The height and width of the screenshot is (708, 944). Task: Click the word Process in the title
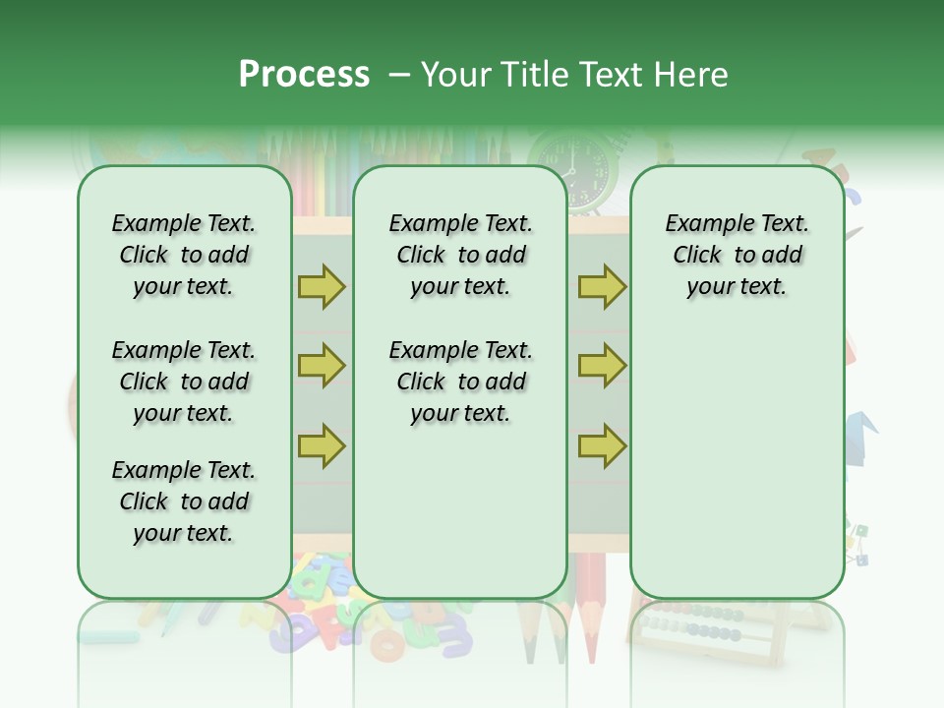pyautogui.click(x=304, y=75)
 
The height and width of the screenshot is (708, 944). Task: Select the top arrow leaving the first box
pyautogui.click(x=322, y=286)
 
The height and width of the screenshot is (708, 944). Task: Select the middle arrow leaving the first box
pyautogui.click(x=322, y=366)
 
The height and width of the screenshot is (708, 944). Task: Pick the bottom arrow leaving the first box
pyautogui.click(x=322, y=446)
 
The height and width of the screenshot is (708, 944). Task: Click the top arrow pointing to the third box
pyautogui.click(x=602, y=286)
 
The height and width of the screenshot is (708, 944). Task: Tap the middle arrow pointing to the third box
pyautogui.click(x=602, y=366)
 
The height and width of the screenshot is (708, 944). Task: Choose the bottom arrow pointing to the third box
pyautogui.click(x=602, y=446)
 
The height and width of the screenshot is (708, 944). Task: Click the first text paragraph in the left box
pyautogui.click(x=184, y=255)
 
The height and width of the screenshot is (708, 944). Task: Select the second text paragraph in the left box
pyautogui.click(x=184, y=382)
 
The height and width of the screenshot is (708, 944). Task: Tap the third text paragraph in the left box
pyautogui.click(x=184, y=501)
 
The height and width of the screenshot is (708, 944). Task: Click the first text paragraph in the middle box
pyautogui.click(x=460, y=255)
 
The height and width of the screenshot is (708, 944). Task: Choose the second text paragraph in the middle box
pyautogui.click(x=460, y=382)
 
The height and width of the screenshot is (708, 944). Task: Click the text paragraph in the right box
pyautogui.click(x=737, y=255)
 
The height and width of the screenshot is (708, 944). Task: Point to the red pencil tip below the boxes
pyautogui.click(x=590, y=639)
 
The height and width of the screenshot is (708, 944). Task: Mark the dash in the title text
pyautogui.click(x=399, y=76)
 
